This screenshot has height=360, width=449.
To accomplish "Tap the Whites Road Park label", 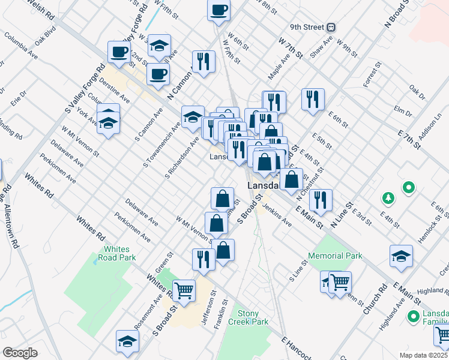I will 119,253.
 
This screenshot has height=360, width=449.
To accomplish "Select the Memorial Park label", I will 335,256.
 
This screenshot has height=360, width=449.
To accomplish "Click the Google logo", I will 20,353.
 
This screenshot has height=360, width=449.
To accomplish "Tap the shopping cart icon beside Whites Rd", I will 184,290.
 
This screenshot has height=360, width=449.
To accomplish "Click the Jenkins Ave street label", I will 278,219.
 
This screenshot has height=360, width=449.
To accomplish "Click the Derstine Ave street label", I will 115,89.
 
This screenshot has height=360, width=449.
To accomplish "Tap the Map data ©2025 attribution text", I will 424,355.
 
